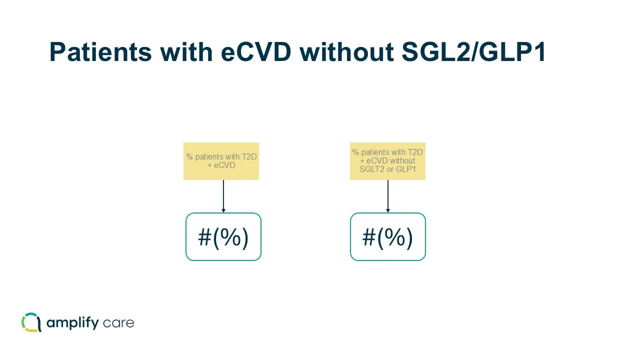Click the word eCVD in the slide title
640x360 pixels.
255,52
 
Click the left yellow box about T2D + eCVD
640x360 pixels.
221,161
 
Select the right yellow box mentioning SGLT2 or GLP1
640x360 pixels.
387,161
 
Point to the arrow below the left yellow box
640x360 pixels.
223,196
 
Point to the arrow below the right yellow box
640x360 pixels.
388,196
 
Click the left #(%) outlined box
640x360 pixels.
223,236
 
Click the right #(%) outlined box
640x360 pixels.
387,236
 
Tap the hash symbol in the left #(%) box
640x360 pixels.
205,237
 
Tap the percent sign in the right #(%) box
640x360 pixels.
388,237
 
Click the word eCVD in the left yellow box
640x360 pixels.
224,165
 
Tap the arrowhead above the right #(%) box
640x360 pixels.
388,210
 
